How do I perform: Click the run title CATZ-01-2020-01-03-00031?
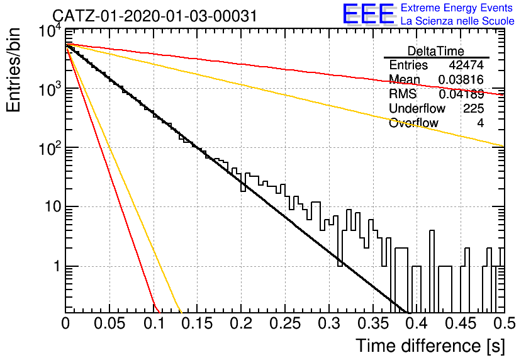click(x=155, y=16)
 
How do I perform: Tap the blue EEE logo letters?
click(x=369, y=14)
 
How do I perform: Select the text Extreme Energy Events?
click(x=457, y=8)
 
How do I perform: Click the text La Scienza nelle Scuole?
click(x=457, y=21)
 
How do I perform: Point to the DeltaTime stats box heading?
click(x=436, y=52)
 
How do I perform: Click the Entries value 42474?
click(x=466, y=65)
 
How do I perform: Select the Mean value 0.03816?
click(x=461, y=79)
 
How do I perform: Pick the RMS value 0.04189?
click(x=461, y=94)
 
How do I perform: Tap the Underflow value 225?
click(x=473, y=108)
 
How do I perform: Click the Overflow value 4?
click(x=480, y=123)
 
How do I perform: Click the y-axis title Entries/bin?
click(x=13, y=70)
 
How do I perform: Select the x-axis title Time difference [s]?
click(x=430, y=346)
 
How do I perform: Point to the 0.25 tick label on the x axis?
click(x=285, y=323)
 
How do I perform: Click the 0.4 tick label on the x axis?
click(x=417, y=323)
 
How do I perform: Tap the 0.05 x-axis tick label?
click(x=109, y=323)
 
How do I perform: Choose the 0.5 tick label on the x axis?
click(x=505, y=323)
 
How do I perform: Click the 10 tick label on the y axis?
click(x=53, y=206)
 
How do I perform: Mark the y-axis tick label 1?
click(x=57, y=266)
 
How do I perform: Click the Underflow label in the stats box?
click(x=417, y=108)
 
